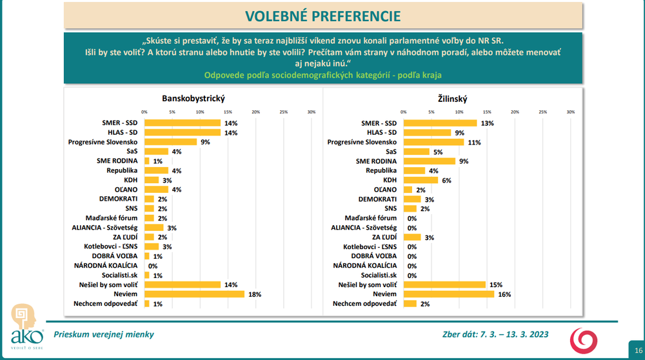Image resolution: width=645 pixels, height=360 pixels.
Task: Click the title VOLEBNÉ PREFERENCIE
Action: [x=322, y=15]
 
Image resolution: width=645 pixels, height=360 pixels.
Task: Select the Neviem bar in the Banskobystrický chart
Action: [x=194, y=294]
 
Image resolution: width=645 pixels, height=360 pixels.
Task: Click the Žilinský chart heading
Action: [x=451, y=99]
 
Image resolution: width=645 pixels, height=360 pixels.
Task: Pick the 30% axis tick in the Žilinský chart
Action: [x=570, y=112]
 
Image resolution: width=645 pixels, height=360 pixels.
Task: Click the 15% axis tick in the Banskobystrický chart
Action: [x=228, y=112]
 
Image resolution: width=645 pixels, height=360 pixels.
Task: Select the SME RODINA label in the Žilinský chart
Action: [x=377, y=161]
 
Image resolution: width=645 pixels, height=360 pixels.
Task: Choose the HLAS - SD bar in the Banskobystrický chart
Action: [x=183, y=132]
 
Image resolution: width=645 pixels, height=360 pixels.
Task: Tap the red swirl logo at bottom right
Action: [x=583, y=339]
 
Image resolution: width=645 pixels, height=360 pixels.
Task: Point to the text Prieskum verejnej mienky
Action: [x=104, y=334]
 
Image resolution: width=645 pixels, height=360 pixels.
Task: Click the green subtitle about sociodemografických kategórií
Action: [x=322, y=75]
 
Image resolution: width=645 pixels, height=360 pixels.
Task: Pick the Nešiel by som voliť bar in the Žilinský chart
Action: [x=444, y=284]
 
